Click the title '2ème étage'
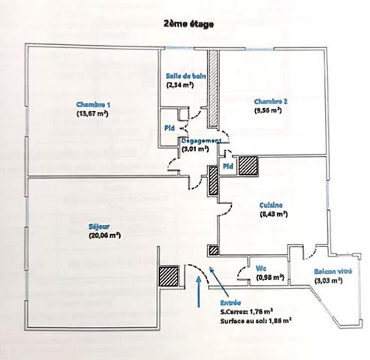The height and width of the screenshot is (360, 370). point(185,25)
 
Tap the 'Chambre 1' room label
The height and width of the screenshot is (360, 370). point(93,103)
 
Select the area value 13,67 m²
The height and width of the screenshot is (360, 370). point(93,113)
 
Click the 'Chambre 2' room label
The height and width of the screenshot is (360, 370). point(269,101)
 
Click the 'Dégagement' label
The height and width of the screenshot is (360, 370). point(200,140)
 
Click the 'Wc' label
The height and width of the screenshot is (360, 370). point(260,268)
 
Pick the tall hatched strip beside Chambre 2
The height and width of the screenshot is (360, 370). point(213,88)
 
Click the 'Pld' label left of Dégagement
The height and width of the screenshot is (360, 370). point(170,128)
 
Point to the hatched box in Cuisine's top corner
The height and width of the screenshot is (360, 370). point(247,166)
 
